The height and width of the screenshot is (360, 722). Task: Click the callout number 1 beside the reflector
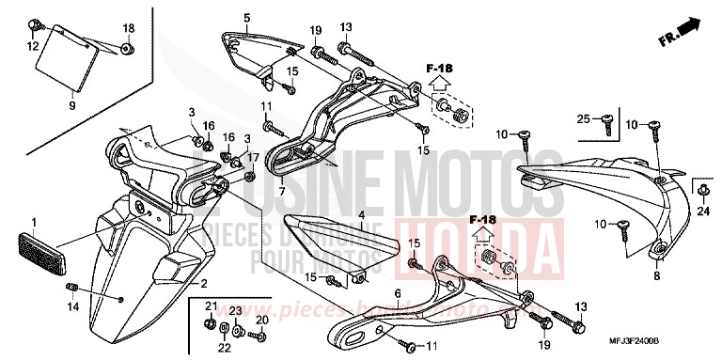pos(33,223)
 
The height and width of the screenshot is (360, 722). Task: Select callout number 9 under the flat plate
pos(71,105)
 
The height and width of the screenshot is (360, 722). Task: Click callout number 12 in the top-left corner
pos(32,46)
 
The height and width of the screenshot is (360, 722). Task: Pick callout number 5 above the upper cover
pos(246,18)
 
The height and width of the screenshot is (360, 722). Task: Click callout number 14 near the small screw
pos(70,306)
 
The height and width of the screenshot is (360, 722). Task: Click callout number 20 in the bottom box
pos(262,321)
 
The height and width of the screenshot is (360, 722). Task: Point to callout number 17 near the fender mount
pos(252,157)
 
